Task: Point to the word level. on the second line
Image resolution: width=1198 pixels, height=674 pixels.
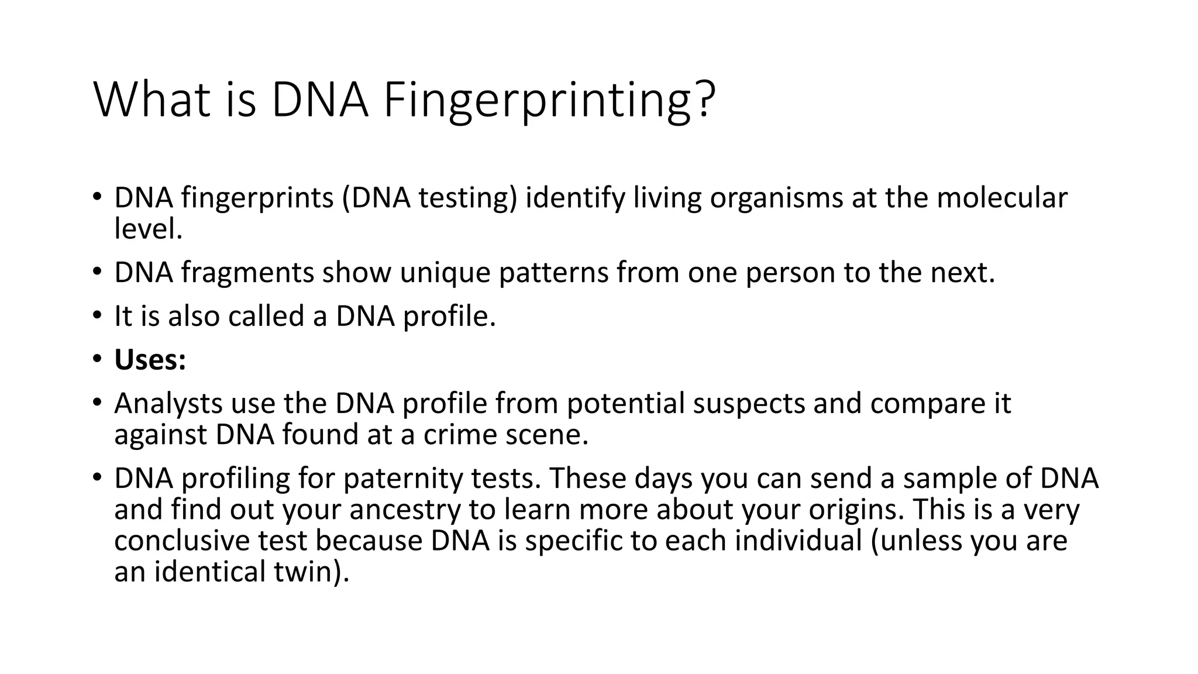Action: [x=149, y=229]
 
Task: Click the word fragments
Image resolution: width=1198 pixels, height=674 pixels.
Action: [x=247, y=273]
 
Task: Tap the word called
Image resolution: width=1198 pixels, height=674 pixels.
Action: [x=266, y=317]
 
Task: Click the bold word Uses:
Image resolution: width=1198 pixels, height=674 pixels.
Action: [x=150, y=360]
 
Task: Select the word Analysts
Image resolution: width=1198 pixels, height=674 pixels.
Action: [x=168, y=404]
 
